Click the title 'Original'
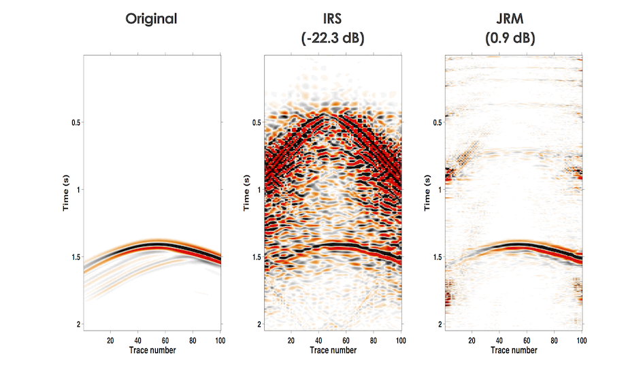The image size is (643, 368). (x=151, y=18)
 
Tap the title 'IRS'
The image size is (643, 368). (x=333, y=18)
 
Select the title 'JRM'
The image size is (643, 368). (x=510, y=18)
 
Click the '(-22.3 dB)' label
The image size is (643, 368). (x=333, y=39)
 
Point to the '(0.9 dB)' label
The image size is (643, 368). (x=510, y=39)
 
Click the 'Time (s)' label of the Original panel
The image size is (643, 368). (x=66, y=193)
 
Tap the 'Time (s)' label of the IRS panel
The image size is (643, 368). (x=246, y=193)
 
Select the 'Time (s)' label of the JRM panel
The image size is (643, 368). (x=427, y=193)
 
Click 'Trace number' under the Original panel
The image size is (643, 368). (x=152, y=350)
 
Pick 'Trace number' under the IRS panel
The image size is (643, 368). (x=333, y=350)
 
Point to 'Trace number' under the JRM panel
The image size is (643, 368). (x=514, y=350)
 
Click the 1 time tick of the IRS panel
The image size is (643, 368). (x=259, y=190)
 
